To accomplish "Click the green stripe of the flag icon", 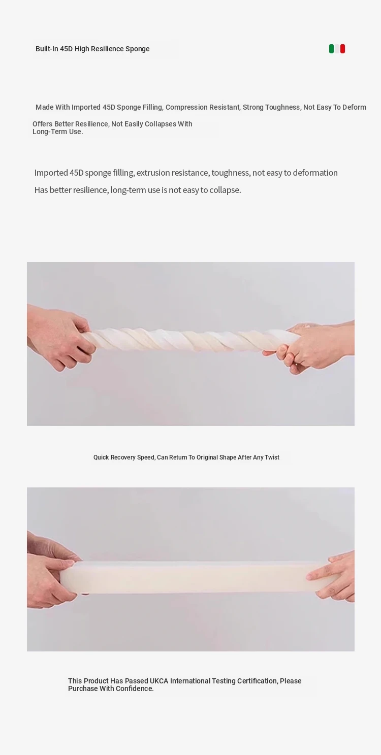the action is tap(331, 49).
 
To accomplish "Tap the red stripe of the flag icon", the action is tap(342, 49).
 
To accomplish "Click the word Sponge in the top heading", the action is tap(137, 49).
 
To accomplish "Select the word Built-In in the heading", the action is tap(47, 49).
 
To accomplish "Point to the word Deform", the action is tap(354, 107).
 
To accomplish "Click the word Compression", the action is tap(186, 107).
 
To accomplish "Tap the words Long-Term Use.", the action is tap(57, 132).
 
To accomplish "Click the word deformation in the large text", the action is tap(315, 173).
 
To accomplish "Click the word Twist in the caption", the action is tap(272, 457).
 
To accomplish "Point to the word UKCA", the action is tap(159, 681).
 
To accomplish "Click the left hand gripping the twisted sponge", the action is tap(60, 337).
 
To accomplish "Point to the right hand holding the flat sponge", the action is tap(332, 575).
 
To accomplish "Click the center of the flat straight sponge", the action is tap(196, 577).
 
